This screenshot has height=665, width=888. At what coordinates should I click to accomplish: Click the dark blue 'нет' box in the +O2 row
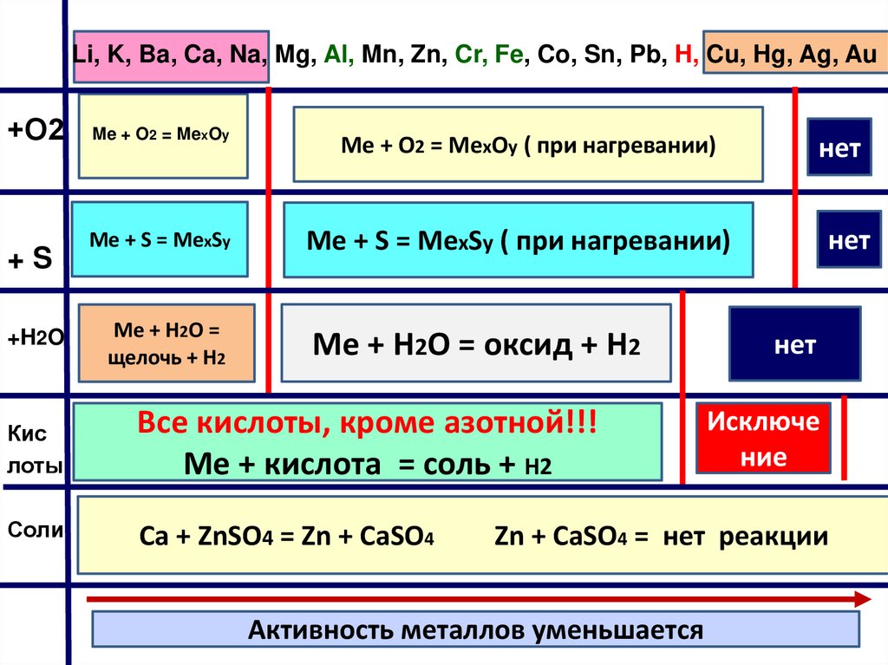[840, 149]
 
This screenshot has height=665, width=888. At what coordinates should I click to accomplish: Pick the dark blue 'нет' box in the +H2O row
[794, 345]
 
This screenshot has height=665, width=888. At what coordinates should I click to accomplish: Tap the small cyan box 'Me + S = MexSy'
[159, 238]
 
